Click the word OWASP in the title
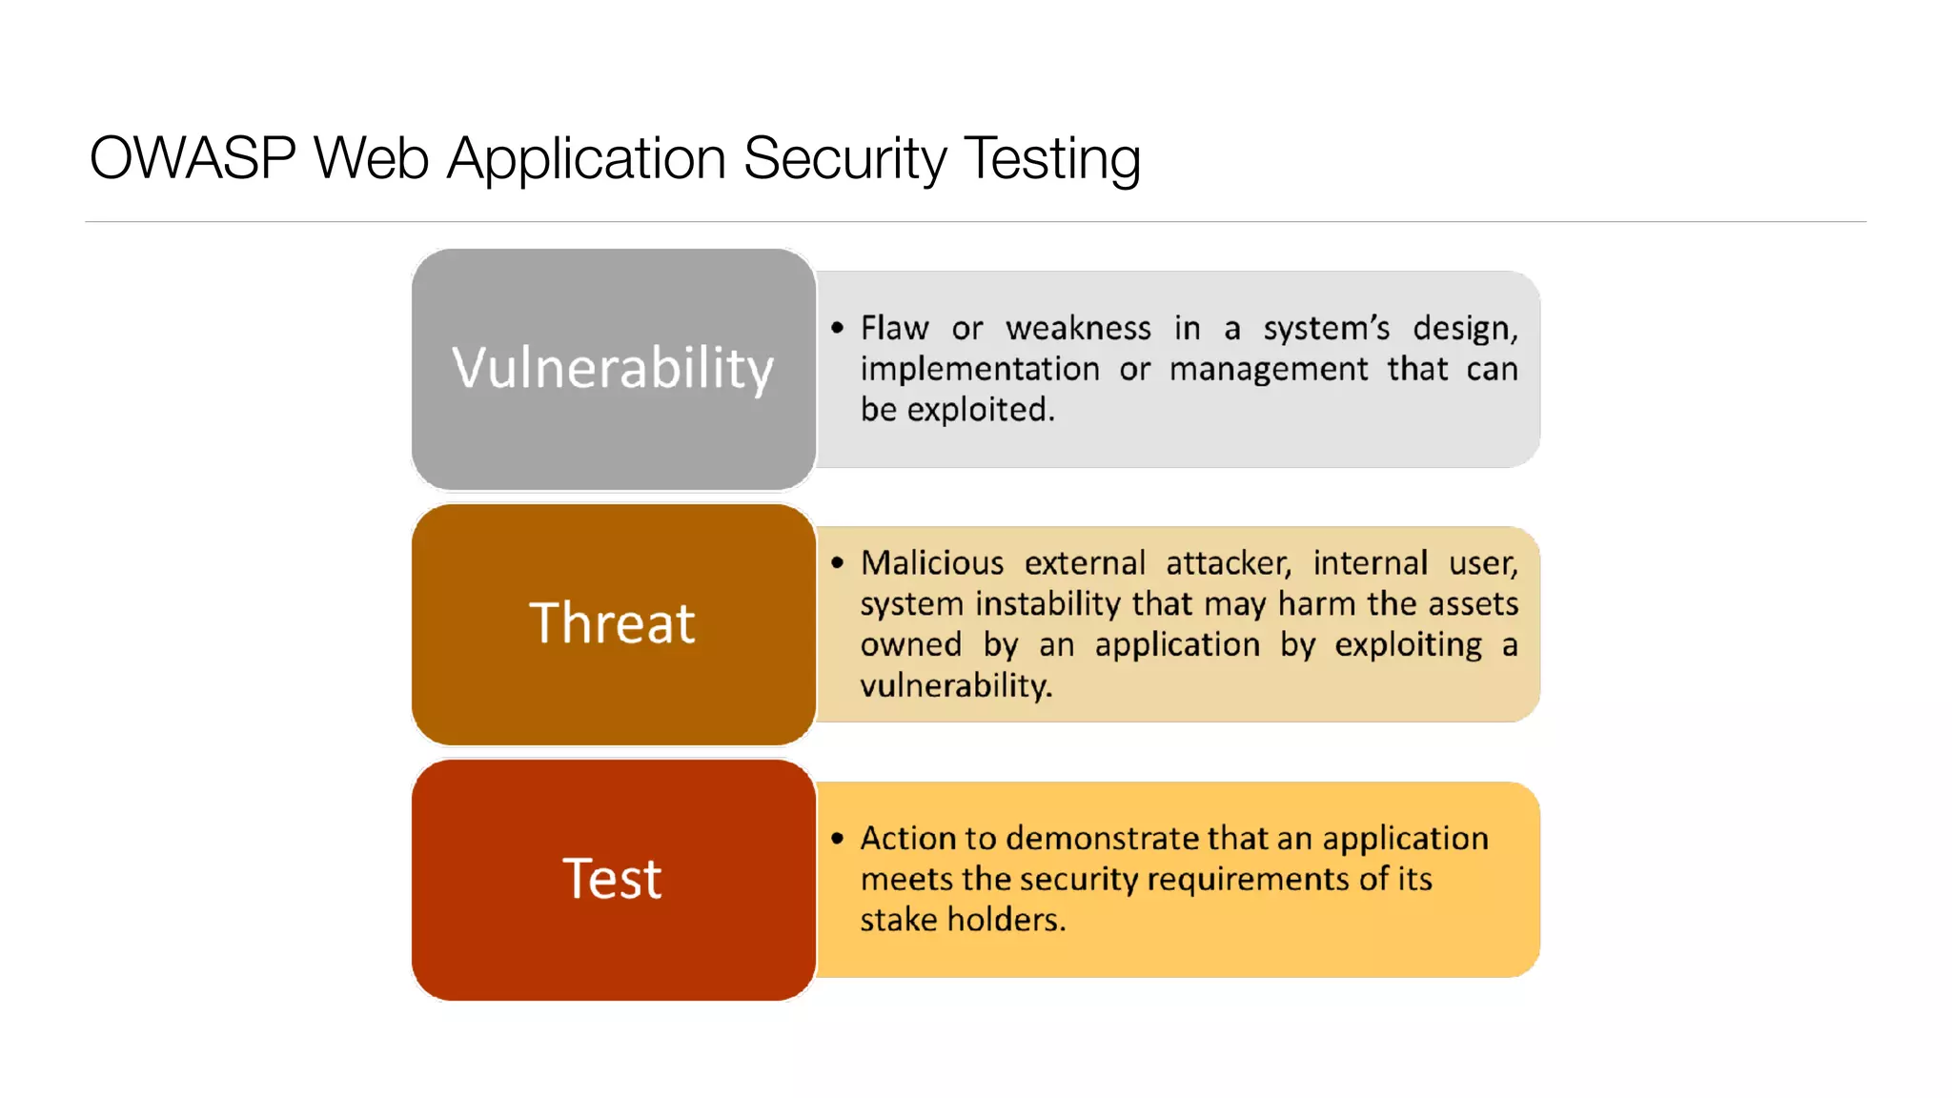point(193,158)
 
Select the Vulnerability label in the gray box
point(613,369)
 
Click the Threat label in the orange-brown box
point(613,623)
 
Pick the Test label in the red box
point(613,879)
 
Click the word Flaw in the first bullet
point(894,328)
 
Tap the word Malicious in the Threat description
point(932,563)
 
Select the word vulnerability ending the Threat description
point(955,685)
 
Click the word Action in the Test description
point(907,838)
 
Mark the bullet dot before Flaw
point(837,329)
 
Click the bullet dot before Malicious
point(837,563)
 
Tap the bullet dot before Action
point(837,839)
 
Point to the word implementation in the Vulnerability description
point(979,370)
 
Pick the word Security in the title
point(844,158)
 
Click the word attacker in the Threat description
point(1228,563)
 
